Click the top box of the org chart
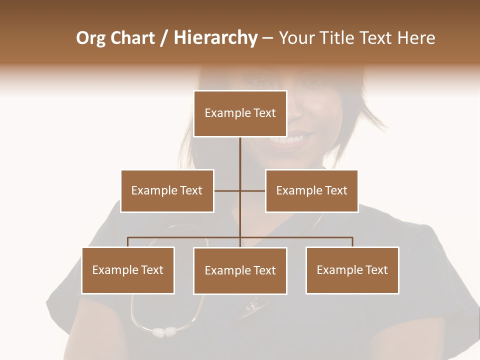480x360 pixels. coord(240,113)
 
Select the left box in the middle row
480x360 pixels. coord(167,190)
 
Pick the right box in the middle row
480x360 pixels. coord(311,190)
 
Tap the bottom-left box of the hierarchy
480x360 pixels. coord(128,270)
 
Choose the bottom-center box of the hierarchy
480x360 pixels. coord(240,270)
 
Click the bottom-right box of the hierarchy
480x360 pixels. coord(352,270)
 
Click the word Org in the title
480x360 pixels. coord(90,38)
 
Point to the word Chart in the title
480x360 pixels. coord(132,38)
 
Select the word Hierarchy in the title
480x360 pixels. coord(215,38)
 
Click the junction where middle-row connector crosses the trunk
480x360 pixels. coord(240,190)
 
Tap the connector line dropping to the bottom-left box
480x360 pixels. coord(128,242)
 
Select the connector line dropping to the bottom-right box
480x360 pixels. coord(352,242)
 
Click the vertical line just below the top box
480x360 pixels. coord(240,150)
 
